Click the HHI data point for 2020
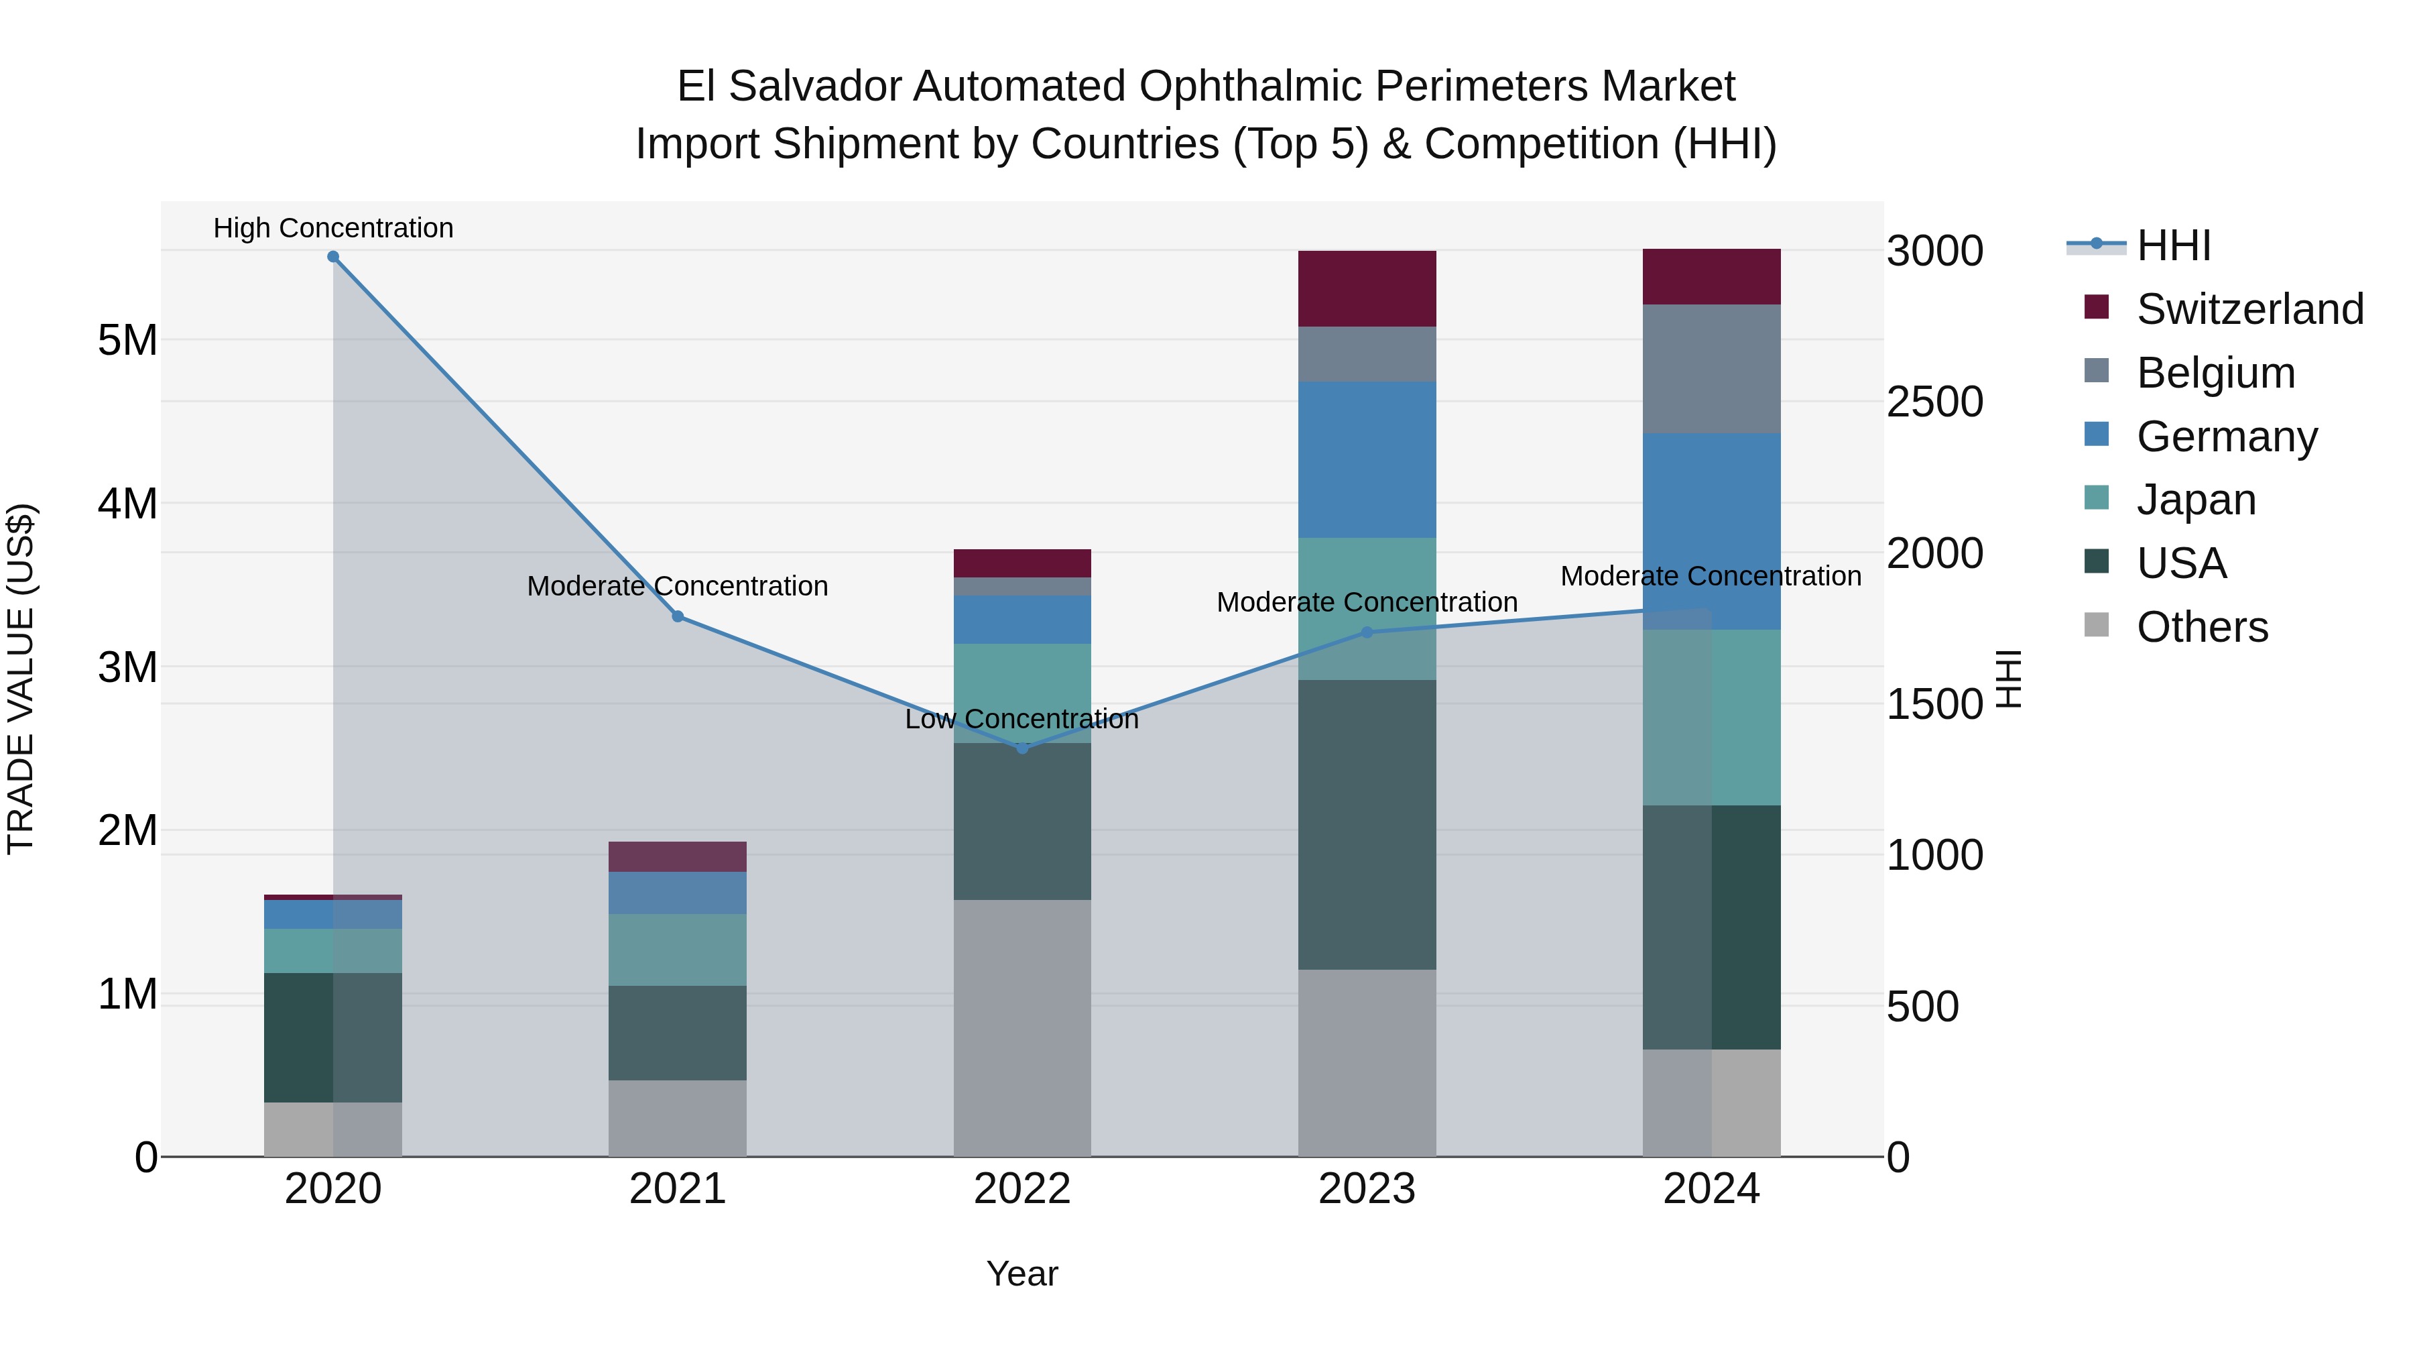click(332, 256)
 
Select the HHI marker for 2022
click(1022, 748)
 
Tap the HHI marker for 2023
click(1367, 632)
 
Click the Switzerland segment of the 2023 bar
click(1367, 288)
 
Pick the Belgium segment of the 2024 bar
click(1711, 368)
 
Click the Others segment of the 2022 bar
click(1022, 1027)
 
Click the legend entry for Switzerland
click(2249, 309)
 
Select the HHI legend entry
click(2173, 245)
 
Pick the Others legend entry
click(2201, 627)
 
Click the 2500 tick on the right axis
click(1934, 402)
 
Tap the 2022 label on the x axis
click(1022, 1189)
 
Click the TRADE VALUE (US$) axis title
click(21, 679)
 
